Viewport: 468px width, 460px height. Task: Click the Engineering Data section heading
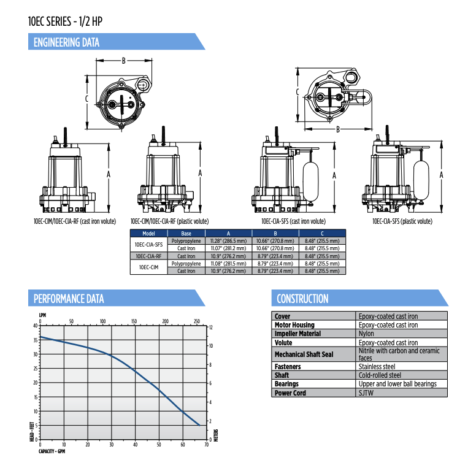[66, 42]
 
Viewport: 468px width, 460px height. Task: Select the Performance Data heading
[69, 299]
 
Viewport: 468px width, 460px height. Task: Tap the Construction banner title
[302, 299]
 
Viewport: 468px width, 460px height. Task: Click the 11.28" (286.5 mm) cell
[228, 241]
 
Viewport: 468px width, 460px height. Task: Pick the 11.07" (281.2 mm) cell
[228, 248]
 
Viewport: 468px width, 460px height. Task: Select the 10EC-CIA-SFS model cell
[148, 245]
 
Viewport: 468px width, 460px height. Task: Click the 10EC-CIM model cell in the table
[148, 267]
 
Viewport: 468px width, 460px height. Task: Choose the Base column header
[186, 234]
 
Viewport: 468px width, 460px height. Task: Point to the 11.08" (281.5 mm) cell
[228, 264]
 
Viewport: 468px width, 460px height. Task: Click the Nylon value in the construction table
[366, 334]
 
